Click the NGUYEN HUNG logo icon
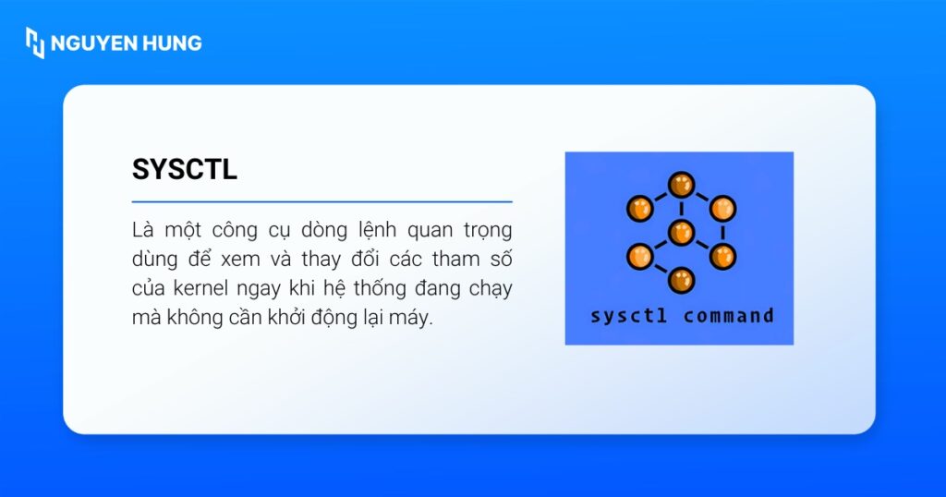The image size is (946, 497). click(35, 42)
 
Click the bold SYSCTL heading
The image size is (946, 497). click(185, 169)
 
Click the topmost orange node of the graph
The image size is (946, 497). click(681, 185)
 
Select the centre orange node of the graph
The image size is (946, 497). click(681, 232)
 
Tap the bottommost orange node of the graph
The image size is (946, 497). click(681, 279)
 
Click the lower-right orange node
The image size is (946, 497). click(722, 256)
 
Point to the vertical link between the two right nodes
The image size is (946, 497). click(722, 232)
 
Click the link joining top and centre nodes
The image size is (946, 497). click(681, 209)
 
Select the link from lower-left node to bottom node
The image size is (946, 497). click(660, 268)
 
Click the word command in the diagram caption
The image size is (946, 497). click(728, 316)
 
